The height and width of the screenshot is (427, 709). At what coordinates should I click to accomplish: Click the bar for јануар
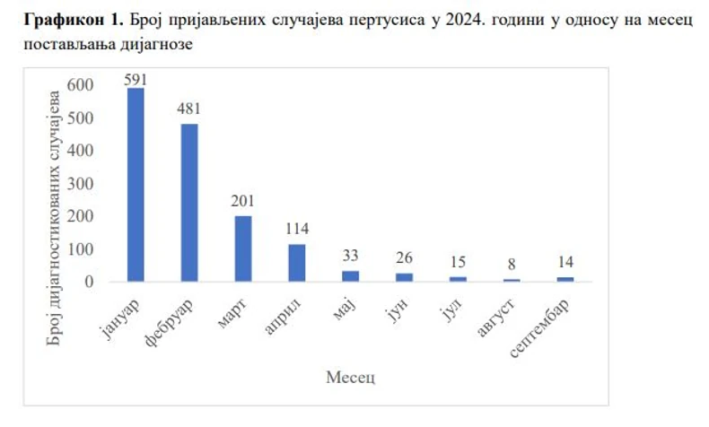136,185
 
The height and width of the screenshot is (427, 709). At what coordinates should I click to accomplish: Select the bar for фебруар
189,203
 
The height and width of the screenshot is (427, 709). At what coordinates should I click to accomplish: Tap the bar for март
243,248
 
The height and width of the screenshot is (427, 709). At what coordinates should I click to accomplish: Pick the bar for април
297,263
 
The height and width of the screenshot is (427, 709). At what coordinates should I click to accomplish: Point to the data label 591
136,79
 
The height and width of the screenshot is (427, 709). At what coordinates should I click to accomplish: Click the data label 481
189,109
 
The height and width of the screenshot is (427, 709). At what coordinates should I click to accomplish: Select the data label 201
243,202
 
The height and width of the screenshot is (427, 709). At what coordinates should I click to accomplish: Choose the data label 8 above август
512,266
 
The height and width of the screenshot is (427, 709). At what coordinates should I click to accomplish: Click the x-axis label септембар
542,322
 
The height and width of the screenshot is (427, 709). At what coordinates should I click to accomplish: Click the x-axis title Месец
350,376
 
